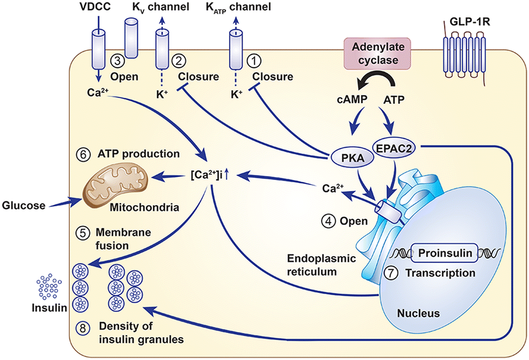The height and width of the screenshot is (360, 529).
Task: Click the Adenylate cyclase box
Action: (x=377, y=53)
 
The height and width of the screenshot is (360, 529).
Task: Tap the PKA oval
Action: (x=352, y=158)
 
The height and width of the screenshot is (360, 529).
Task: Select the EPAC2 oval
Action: (x=394, y=148)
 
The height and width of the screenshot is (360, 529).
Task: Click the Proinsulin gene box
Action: (x=445, y=253)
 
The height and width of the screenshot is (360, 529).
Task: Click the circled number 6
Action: (x=83, y=154)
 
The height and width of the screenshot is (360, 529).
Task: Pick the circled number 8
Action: (x=83, y=328)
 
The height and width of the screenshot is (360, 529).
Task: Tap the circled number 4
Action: (x=328, y=221)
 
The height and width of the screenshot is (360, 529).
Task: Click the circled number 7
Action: (x=391, y=273)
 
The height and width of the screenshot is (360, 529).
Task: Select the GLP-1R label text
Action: (x=470, y=22)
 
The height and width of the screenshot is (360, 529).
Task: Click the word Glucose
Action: (x=24, y=205)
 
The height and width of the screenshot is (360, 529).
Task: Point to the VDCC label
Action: (x=95, y=6)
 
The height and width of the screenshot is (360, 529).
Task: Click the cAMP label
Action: (x=352, y=100)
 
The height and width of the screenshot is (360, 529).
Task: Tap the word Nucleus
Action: (x=418, y=313)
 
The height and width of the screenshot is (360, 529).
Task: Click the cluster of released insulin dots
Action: (x=49, y=287)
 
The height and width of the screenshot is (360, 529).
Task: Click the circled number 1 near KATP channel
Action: (x=254, y=61)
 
